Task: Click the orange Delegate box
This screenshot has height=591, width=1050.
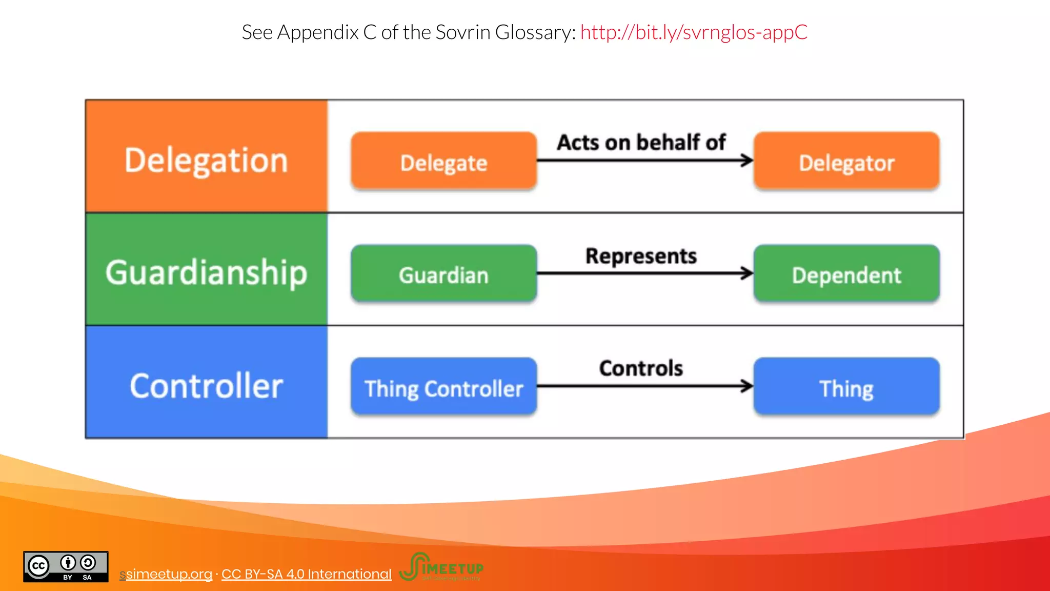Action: pyautogui.click(x=443, y=161)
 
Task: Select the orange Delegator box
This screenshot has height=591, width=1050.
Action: pyautogui.click(x=846, y=161)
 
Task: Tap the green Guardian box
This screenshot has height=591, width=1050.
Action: pyautogui.click(x=443, y=273)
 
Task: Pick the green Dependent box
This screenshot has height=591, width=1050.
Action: pyautogui.click(x=846, y=273)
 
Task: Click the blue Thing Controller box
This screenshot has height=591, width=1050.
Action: pyautogui.click(x=443, y=386)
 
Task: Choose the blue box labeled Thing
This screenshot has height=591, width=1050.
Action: pyautogui.click(x=846, y=386)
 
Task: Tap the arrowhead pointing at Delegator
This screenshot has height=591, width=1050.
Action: pyautogui.click(x=748, y=161)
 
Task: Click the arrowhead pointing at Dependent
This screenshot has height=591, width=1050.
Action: pyautogui.click(x=748, y=273)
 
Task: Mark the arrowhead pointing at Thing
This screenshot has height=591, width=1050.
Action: pyautogui.click(x=748, y=386)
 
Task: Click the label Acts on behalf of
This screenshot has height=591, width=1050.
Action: pyautogui.click(x=641, y=142)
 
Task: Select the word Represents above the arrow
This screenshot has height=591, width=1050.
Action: pyautogui.click(x=641, y=255)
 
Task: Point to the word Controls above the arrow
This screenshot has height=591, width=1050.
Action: pyautogui.click(x=641, y=368)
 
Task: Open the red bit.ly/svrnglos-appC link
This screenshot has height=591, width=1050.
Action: pyautogui.click(x=694, y=32)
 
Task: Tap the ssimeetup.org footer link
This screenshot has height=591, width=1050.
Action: pyautogui.click(x=166, y=574)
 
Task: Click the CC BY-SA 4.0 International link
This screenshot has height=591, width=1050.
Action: pyautogui.click(x=306, y=574)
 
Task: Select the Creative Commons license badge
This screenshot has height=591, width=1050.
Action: pyautogui.click(x=66, y=567)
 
